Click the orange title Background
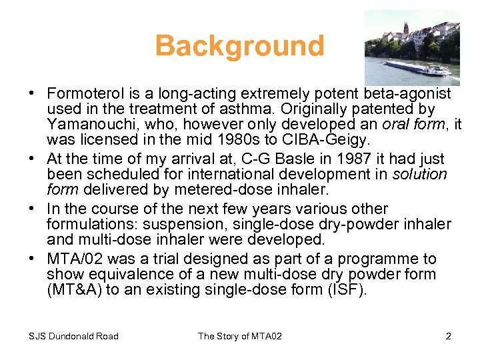pyautogui.click(x=239, y=46)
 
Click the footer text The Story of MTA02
pyautogui.click(x=239, y=336)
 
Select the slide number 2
pyautogui.click(x=448, y=336)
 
